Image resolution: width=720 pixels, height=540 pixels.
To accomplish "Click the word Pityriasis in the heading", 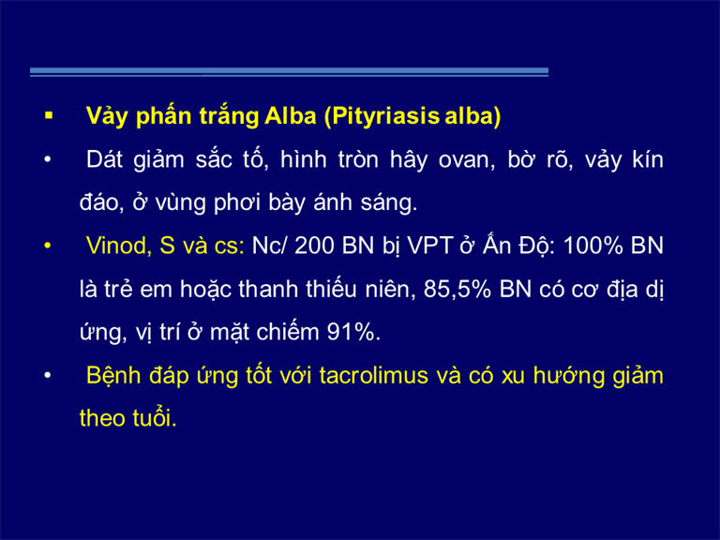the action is click(x=385, y=116).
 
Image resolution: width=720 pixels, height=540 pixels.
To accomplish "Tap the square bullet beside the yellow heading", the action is click(x=49, y=115).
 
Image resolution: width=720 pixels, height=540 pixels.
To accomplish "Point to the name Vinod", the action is click(x=119, y=246).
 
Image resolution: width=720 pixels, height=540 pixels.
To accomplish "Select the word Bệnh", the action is click(x=113, y=376).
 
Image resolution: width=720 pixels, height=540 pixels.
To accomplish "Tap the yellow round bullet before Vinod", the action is click(x=47, y=246).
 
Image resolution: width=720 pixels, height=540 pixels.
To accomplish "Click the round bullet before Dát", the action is click(x=47, y=160).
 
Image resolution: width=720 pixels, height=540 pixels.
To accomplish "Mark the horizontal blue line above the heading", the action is click(x=290, y=71).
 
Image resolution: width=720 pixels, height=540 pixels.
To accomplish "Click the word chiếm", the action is click(x=288, y=332).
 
